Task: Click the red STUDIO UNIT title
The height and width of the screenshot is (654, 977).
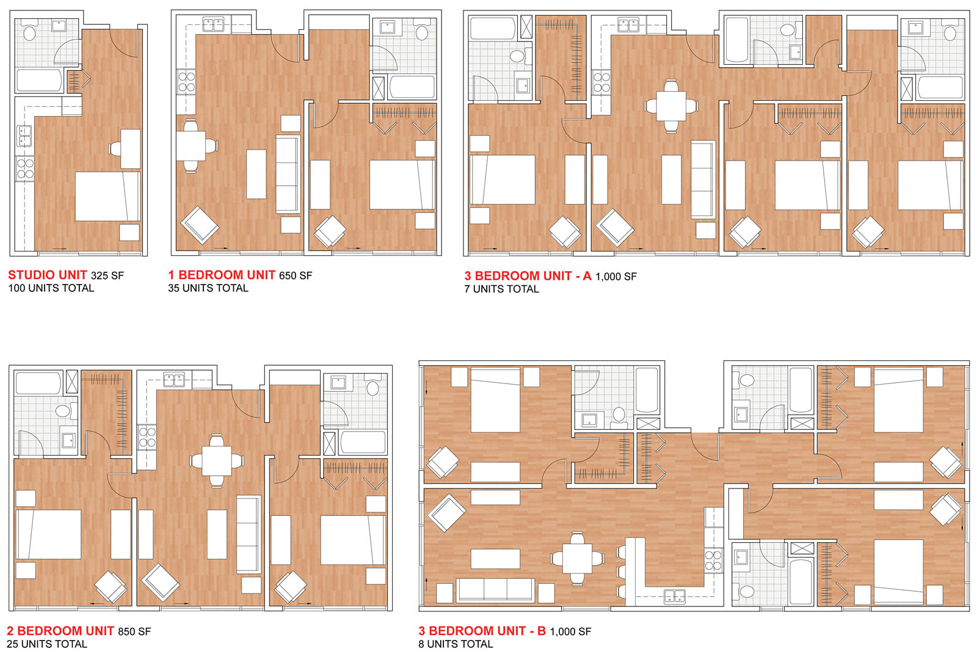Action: point(47,275)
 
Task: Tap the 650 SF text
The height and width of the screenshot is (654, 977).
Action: point(296,276)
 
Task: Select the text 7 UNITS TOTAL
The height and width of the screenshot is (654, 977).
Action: point(501,289)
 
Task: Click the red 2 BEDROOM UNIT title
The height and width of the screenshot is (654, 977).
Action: point(60,631)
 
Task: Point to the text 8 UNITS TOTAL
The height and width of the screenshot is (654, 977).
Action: point(456,644)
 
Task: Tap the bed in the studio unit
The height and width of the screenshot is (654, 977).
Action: point(107,196)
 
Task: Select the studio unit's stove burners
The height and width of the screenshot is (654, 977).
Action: point(25,169)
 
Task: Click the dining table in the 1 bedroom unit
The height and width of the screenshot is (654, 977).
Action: point(191,146)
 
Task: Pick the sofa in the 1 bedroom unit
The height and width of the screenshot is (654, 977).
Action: point(288,174)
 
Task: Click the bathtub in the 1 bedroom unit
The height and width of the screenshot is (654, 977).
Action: point(412,87)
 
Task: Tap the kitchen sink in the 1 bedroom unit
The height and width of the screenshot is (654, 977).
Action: point(213,24)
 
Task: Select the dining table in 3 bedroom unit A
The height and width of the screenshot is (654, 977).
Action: point(671,106)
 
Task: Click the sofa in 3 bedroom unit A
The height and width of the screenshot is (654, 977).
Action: point(703,180)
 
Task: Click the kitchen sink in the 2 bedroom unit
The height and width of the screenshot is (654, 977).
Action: point(173,380)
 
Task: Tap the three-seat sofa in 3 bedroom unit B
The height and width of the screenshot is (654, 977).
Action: point(495,590)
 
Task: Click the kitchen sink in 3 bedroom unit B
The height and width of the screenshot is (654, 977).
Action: point(674,596)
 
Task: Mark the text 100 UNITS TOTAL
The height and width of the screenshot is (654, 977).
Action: point(51,288)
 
